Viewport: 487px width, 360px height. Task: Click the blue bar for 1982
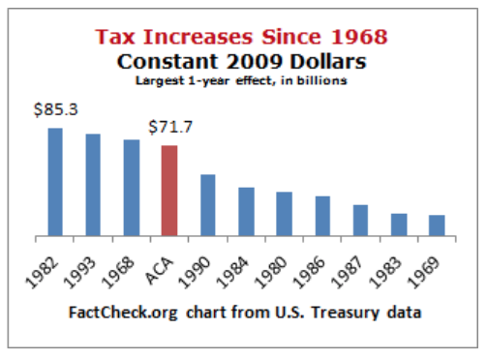pyautogui.click(x=55, y=182)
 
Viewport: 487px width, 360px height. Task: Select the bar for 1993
pyautogui.click(x=93, y=185)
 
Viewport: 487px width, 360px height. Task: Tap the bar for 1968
pyautogui.click(x=132, y=188)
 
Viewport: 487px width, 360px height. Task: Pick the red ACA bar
pyautogui.click(x=169, y=191)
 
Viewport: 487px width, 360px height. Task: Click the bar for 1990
pyautogui.click(x=207, y=205)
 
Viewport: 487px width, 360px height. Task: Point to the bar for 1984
pyautogui.click(x=246, y=211)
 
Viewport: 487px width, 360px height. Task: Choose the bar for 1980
pyautogui.click(x=284, y=214)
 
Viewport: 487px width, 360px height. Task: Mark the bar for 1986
pyautogui.click(x=322, y=216)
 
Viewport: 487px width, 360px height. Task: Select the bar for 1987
pyautogui.click(x=360, y=220)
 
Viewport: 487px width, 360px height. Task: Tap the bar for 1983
pyautogui.click(x=399, y=225)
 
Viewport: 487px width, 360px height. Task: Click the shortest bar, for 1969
pyautogui.click(x=437, y=225)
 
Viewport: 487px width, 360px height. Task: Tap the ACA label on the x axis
pyautogui.click(x=163, y=261)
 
